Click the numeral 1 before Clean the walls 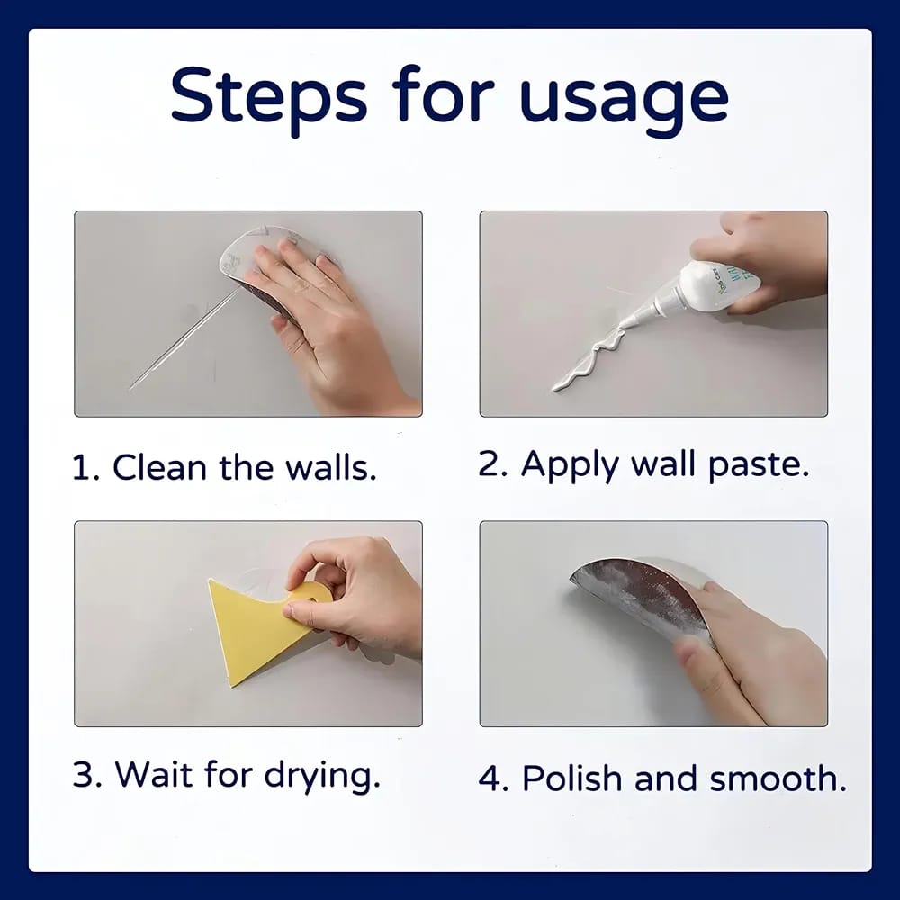coord(83,468)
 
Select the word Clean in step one coord(158,468)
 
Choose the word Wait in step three coord(149,774)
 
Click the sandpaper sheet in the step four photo coord(639,594)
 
